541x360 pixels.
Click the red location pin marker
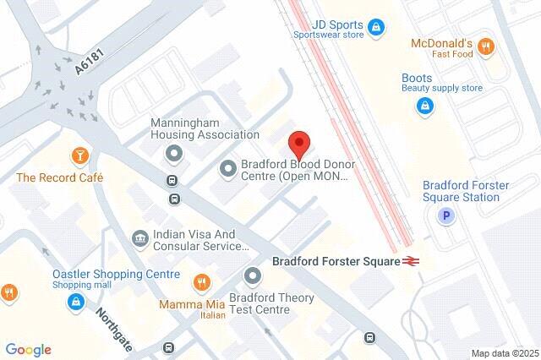coord(297,143)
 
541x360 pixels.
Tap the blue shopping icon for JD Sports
coord(378,28)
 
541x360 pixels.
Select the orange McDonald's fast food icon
coord(484,47)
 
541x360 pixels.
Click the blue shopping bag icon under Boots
coord(424,107)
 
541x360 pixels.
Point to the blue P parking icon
coord(445,217)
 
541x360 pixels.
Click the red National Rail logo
coord(412,261)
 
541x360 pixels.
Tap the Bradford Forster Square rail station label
coord(336,261)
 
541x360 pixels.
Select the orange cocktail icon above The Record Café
coord(79,156)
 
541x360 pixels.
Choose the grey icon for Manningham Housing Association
coord(173,154)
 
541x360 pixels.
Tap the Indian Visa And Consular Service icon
coord(139,240)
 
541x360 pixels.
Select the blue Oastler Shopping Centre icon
coord(77,301)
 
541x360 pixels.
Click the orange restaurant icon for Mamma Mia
coord(201,281)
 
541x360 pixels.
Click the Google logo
coord(28,350)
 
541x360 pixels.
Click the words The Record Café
coord(59,177)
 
